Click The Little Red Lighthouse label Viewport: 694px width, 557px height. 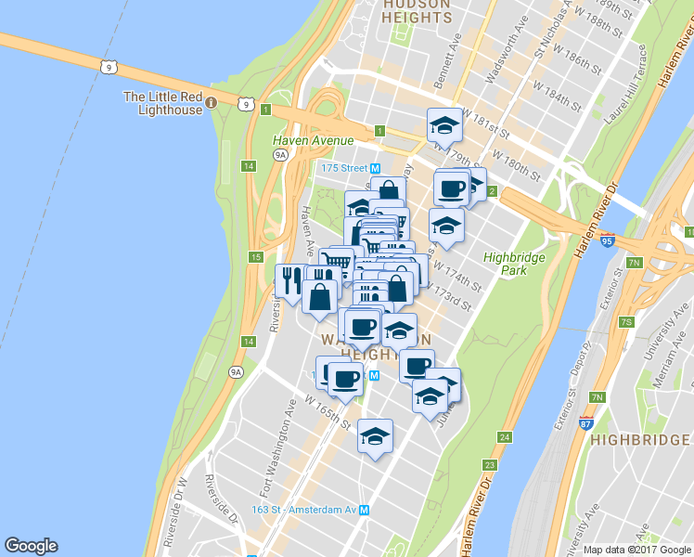point(162,103)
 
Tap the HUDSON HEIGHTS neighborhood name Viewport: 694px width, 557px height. point(417,11)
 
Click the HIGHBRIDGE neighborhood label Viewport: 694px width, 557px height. point(639,439)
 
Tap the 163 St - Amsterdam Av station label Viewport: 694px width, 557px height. point(311,510)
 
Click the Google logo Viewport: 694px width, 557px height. point(31,546)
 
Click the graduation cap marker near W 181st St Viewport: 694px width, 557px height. point(444,125)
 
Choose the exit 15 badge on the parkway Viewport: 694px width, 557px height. point(255,256)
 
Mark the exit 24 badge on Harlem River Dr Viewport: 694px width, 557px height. point(504,436)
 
